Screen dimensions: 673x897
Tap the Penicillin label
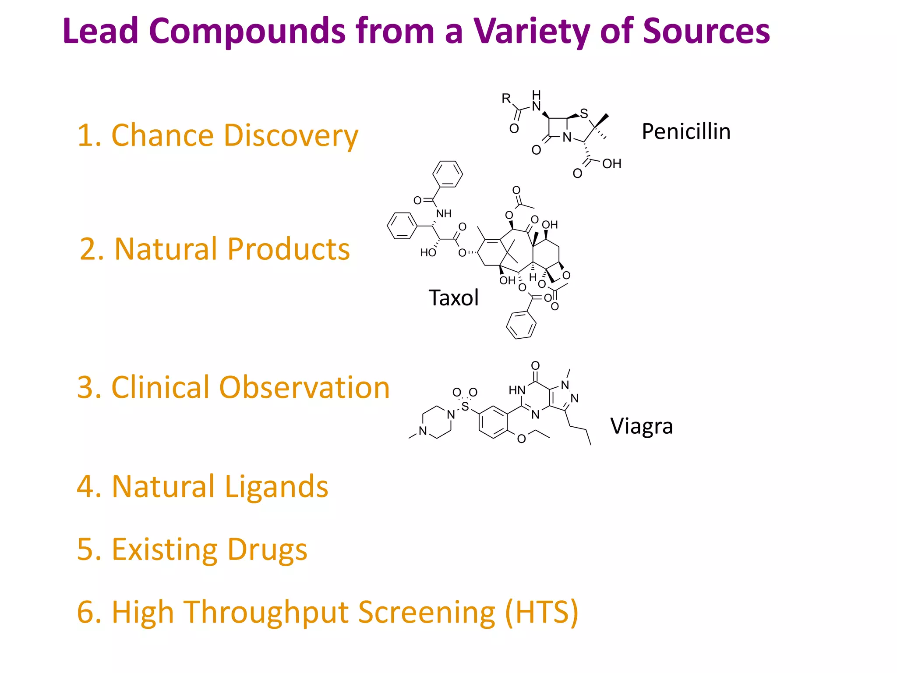(x=686, y=131)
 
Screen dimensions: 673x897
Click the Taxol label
(x=453, y=298)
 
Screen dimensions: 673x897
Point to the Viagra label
(x=641, y=426)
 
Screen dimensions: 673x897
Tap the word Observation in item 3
(x=304, y=387)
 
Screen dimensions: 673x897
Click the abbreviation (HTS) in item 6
(x=541, y=612)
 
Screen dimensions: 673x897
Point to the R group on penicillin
(x=506, y=98)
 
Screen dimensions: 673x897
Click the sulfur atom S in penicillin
(x=584, y=114)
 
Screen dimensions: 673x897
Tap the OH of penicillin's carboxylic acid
(x=611, y=164)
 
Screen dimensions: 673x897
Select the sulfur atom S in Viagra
(x=465, y=407)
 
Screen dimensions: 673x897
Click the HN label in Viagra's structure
(x=517, y=390)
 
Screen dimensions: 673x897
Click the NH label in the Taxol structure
(x=444, y=214)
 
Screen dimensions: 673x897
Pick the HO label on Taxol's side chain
(x=428, y=253)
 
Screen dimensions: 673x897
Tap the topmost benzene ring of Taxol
(x=448, y=174)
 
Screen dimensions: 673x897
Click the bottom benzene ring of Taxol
(x=521, y=325)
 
